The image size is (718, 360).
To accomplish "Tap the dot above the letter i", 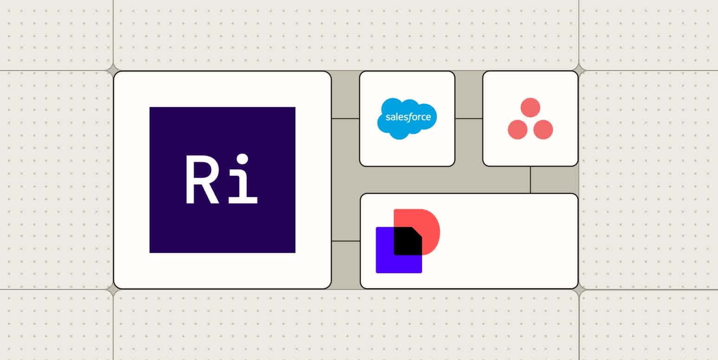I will [x=242, y=160].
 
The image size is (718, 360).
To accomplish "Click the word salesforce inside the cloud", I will [x=408, y=117].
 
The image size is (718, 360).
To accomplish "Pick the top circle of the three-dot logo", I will [x=530, y=108].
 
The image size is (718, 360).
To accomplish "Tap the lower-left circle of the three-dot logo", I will [x=518, y=129].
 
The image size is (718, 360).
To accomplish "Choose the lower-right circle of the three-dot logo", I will [x=543, y=129].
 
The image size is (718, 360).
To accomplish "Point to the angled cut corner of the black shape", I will [x=417, y=231].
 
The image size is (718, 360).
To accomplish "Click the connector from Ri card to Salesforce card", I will [x=346, y=118].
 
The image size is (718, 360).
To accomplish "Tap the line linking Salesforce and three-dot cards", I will [x=469, y=118].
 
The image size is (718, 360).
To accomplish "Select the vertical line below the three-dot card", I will [x=531, y=180].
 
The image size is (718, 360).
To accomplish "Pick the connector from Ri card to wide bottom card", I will [x=346, y=241].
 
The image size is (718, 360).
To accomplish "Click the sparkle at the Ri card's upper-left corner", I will [x=113, y=71].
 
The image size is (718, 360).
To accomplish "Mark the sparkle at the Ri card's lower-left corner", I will [x=113, y=289].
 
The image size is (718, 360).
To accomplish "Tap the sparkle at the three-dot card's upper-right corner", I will [x=579, y=71].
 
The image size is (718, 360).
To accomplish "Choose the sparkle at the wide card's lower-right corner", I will [x=579, y=289].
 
